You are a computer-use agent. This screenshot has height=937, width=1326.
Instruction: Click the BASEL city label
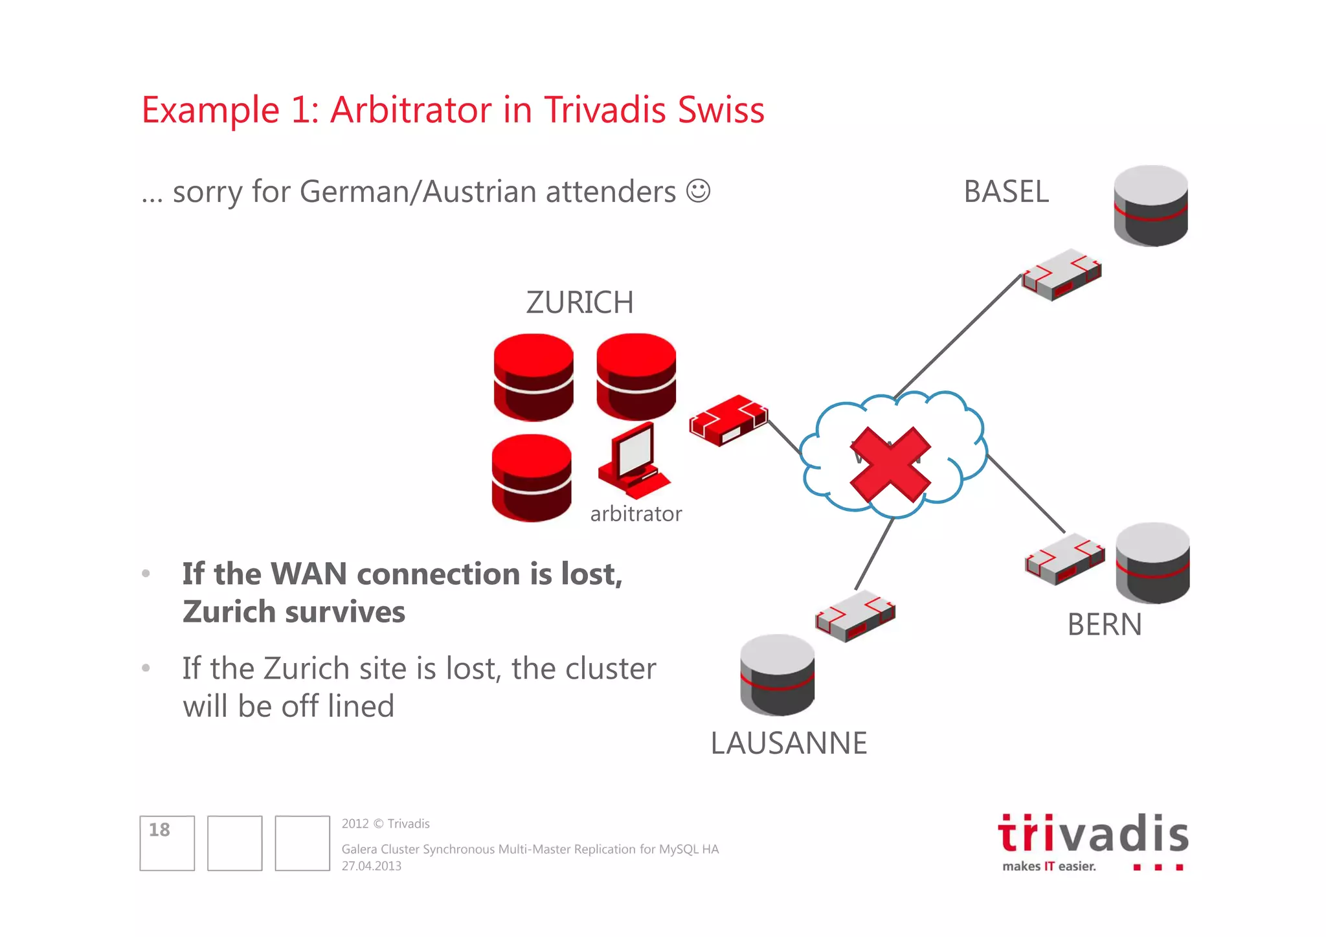1006,192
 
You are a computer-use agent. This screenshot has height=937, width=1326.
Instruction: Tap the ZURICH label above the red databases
579,302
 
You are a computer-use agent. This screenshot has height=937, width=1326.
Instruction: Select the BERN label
1104,625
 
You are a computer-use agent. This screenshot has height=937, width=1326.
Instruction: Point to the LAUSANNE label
788,743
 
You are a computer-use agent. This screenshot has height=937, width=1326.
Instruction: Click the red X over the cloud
890,465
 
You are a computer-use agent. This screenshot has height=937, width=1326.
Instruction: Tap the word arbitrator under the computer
636,514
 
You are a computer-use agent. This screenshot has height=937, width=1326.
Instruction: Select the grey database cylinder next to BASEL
1151,205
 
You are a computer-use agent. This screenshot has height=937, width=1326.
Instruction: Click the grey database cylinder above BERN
1152,563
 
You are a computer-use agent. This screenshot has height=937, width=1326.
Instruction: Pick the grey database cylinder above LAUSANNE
777,675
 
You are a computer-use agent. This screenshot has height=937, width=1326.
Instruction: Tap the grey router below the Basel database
1061,274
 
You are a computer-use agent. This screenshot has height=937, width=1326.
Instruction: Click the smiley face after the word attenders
698,191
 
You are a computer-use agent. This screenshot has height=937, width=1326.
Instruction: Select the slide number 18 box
167,842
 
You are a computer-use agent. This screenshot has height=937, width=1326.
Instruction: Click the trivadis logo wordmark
1093,834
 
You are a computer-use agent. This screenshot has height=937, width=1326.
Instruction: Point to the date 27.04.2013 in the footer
372,866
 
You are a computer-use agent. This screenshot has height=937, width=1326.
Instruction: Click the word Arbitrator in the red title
411,109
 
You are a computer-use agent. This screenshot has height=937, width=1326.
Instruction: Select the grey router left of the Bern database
1064,559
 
